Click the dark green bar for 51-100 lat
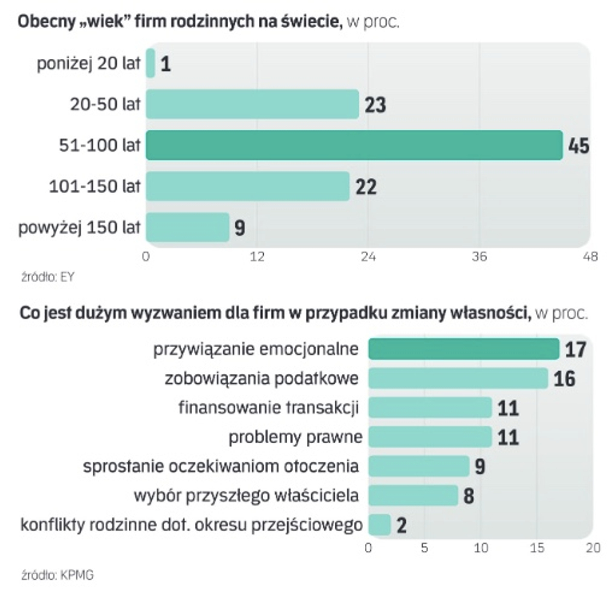[354, 145]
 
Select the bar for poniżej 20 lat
[150, 64]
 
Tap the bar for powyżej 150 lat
[187, 227]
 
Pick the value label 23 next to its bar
[375, 105]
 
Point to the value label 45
[578, 146]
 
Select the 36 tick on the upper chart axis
[479, 257]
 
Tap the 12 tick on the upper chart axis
[257, 257]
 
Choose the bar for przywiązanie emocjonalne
[464, 349]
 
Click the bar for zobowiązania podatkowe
[458, 378]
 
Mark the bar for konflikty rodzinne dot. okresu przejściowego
[380, 524]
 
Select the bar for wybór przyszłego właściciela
[413, 495]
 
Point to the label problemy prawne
[295, 437]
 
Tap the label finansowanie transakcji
[269, 408]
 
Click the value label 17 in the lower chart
[576, 349]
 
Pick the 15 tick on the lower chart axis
[537, 548]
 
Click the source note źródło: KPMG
[57, 575]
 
